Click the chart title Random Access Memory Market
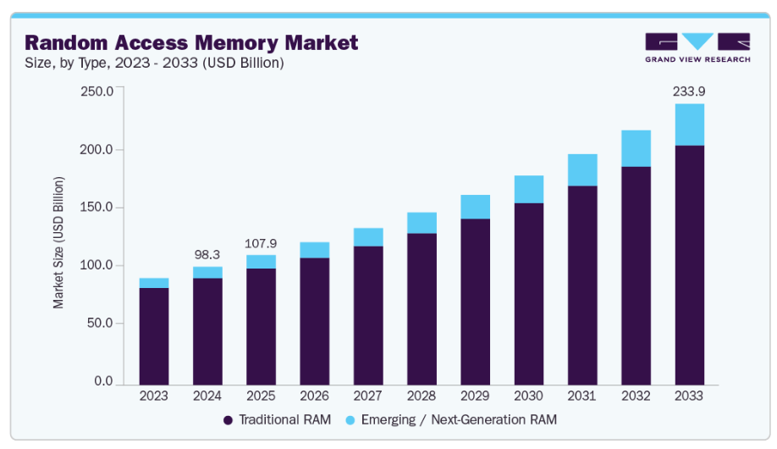[191, 42]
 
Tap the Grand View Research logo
[697, 47]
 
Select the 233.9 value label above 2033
[689, 91]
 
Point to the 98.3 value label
[207, 254]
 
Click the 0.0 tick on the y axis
[102, 381]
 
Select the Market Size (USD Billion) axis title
[58, 242]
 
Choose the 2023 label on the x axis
[154, 396]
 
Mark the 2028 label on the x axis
[422, 396]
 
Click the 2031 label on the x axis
[582, 396]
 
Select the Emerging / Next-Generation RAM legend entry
[451, 419]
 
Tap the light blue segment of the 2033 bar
[689, 125]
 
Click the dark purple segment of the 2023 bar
[154, 335]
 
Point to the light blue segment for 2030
[529, 189]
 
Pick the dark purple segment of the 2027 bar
[368, 314]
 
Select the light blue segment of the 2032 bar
[636, 148]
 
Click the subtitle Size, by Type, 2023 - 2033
[154, 63]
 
